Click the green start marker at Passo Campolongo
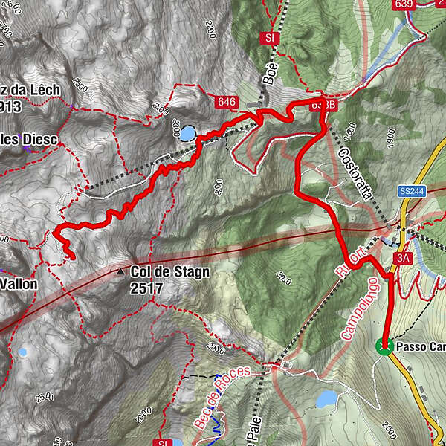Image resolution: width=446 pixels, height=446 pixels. click(384, 346)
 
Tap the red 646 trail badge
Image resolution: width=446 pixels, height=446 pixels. click(226, 101)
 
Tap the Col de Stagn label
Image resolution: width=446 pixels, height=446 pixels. click(169, 272)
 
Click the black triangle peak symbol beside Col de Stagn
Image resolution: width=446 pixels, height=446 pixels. click(120, 273)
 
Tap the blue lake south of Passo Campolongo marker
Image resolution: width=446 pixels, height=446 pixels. click(326, 400)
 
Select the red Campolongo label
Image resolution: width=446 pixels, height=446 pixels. click(361, 308)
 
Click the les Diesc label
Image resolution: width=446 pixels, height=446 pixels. click(29, 139)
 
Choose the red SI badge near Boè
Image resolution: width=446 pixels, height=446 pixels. click(269, 36)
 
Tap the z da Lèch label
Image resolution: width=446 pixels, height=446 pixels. click(30, 90)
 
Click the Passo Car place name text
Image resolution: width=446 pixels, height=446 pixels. click(420, 347)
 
